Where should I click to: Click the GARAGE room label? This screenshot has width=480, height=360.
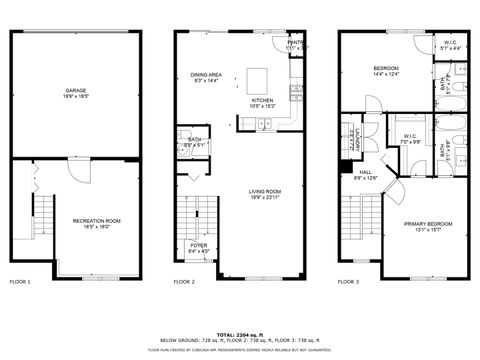coord(68,91)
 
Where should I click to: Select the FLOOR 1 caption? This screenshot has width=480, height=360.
coord(20,282)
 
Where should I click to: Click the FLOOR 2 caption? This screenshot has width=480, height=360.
coord(184,282)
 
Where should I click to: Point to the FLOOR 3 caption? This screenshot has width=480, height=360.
coord(350,282)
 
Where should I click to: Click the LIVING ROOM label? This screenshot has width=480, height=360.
coord(265,193)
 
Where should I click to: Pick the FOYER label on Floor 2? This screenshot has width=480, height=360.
coord(199,246)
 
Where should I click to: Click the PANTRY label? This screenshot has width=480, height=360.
coord(296,44)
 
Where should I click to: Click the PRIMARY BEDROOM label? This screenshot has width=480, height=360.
coord(423,229)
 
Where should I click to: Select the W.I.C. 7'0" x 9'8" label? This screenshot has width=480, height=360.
coord(410,138)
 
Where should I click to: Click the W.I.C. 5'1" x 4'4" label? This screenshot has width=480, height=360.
coord(450,44)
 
